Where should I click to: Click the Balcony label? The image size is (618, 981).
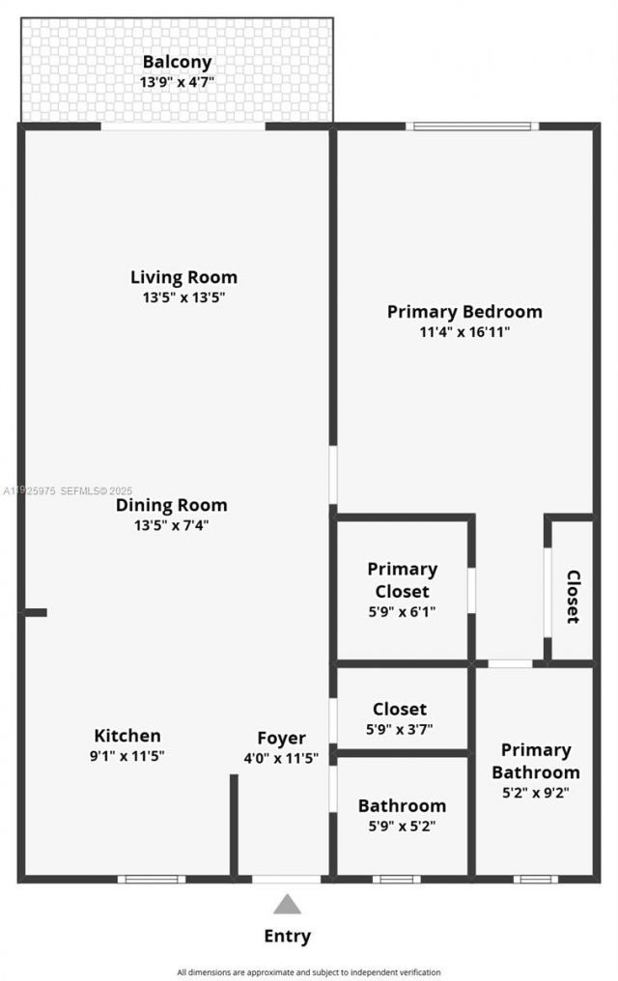click(x=177, y=63)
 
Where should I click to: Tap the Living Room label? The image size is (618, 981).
click(x=183, y=277)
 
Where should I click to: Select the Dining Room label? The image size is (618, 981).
click(x=172, y=505)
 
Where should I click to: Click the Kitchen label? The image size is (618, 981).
click(x=127, y=736)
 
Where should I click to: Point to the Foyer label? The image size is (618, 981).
click(x=281, y=739)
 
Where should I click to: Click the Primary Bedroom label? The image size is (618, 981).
click(x=464, y=312)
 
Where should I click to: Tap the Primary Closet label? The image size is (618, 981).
click(x=402, y=579)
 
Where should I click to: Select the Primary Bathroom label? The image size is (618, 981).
click(x=535, y=761)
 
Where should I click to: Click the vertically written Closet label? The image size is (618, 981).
click(x=573, y=597)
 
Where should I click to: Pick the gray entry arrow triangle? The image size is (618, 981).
click(x=287, y=905)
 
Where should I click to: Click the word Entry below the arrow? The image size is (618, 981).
click(x=288, y=936)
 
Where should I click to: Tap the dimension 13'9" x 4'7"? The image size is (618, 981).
click(x=177, y=83)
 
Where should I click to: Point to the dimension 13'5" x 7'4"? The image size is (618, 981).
click(x=172, y=526)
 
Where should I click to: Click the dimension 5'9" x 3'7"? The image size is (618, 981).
click(x=400, y=729)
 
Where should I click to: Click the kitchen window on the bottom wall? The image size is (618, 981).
click(x=152, y=879)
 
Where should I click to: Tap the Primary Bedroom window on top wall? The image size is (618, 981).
click(x=472, y=126)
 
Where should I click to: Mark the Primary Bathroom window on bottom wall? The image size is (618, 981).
click(x=535, y=879)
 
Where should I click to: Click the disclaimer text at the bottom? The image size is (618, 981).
click(x=309, y=972)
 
